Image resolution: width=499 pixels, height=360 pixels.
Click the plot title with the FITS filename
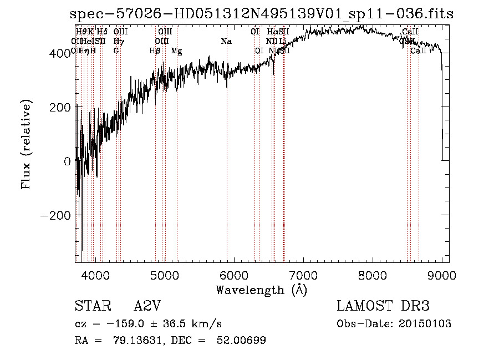click(262, 14)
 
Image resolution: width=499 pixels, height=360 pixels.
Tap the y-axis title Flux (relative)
click(27, 145)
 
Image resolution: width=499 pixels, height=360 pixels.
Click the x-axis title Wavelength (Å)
click(261, 290)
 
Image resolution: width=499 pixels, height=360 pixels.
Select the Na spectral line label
click(226, 42)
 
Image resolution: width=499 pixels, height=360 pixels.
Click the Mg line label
click(176, 51)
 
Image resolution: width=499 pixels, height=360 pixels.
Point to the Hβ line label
click(155, 51)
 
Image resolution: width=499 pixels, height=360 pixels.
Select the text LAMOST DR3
click(383, 306)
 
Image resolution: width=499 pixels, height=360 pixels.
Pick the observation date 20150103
click(425, 324)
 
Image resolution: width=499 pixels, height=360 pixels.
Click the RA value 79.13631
click(141, 340)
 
